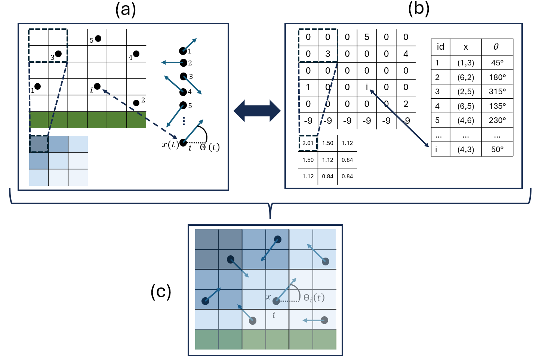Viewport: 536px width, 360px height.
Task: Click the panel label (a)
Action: pyautogui.click(x=125, y=10)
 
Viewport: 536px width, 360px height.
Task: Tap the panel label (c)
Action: pyautogui.click(x=161, y=292)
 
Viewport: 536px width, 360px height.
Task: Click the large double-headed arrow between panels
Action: pyautogui.click(x=257, y=111)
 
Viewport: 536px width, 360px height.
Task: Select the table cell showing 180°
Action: pyautogui.click(x=497, y=77)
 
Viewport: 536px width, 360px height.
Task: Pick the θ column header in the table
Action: pyautogui.click(x=496, y=47)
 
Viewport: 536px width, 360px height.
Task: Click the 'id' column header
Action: pyautogui.click(x=440, y=47)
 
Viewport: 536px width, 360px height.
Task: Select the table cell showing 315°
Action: pyautogui.click(x=497, y=92)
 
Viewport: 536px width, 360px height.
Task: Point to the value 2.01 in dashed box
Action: pyautogui.click(x=308, y=143)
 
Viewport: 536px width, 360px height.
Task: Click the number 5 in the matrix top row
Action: pyautogui.click(x=367, y=37)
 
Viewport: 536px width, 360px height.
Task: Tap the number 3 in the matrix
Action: pyautogui.click(x=327, y=54)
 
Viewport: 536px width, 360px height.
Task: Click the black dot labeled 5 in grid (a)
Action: pyautogui.click(x=98, y=39)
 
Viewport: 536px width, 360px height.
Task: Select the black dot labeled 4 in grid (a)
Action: pyautogui.click(x=136, y=54)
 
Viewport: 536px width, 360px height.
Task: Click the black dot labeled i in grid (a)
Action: pyautogui.click(x=97, y=86)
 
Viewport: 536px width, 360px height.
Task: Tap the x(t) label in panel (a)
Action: pyautogui.click(x=170, y=145)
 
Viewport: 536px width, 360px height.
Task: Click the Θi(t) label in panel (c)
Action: pyautogui.click(x=314, y=298)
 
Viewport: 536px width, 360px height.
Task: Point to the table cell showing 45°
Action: pyautogui.click(x=497, y=63)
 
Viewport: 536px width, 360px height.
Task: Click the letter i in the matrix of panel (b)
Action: pyautogui.click(x=367, y=87)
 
